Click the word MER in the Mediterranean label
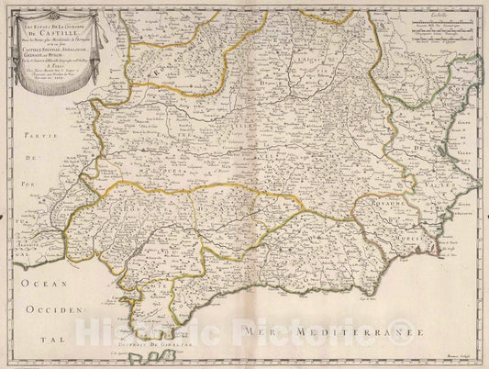pyautogui.click(x=259, y=327)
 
